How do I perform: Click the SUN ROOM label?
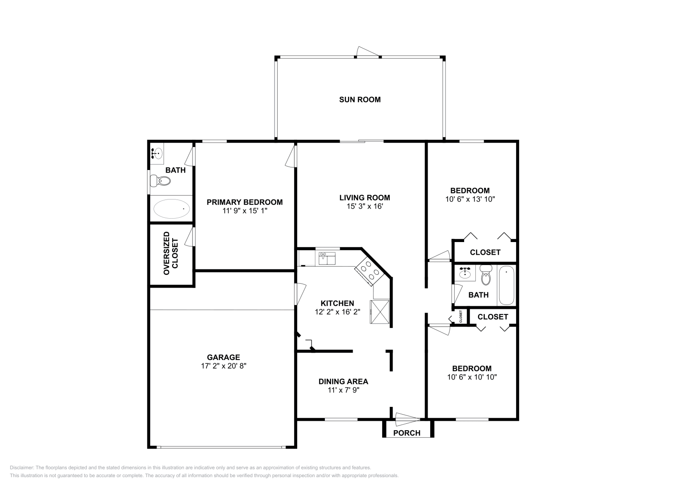360,99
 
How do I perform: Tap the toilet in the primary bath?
160,180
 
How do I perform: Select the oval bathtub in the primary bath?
172,209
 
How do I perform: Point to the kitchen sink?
327,259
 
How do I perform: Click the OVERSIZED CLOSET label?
171,253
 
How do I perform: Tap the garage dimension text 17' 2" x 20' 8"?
223,366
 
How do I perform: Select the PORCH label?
407,433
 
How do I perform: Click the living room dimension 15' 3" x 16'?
365,206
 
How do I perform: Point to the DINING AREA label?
343,381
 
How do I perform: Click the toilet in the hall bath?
486,275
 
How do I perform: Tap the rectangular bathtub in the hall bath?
507,285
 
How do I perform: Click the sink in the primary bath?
157,153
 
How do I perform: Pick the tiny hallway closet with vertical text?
461,316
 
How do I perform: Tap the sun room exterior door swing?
368,52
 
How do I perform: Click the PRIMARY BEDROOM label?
245,202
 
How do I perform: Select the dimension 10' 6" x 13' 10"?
470,199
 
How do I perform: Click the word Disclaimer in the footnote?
22,468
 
